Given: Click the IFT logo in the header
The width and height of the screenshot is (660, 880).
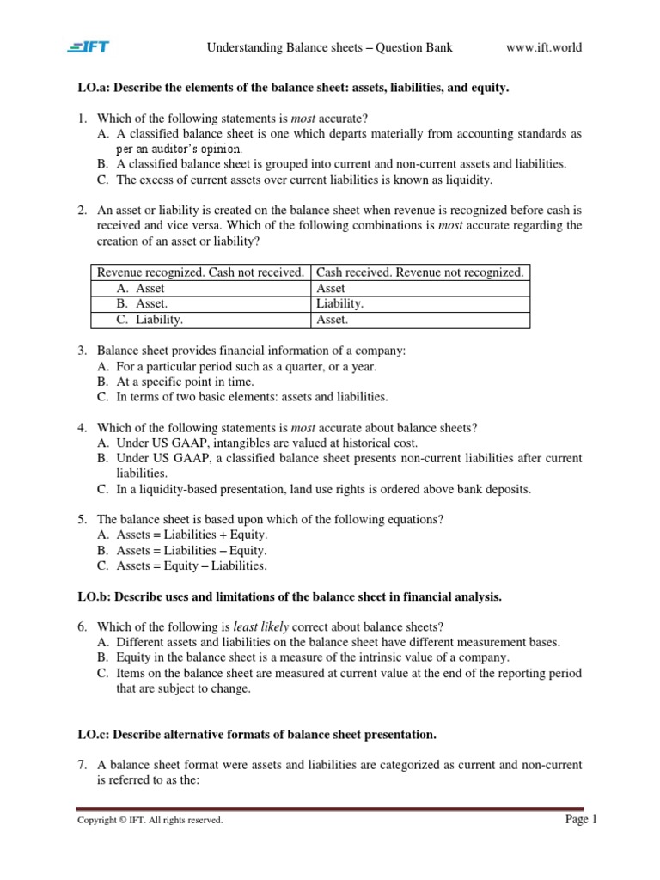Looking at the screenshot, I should click(x=89, y=47).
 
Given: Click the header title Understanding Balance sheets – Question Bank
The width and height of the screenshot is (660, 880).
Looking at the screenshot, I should click(x=329, y=47).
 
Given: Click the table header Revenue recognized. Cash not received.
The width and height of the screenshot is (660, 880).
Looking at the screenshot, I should click(x=199, y=272).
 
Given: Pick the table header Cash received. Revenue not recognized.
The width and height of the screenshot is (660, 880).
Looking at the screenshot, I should click(x=419, y=272).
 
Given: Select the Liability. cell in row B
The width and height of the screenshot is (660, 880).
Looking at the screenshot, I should click(x=340, y=304).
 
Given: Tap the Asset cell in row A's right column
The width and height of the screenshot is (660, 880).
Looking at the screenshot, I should click(x=331, y=289).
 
